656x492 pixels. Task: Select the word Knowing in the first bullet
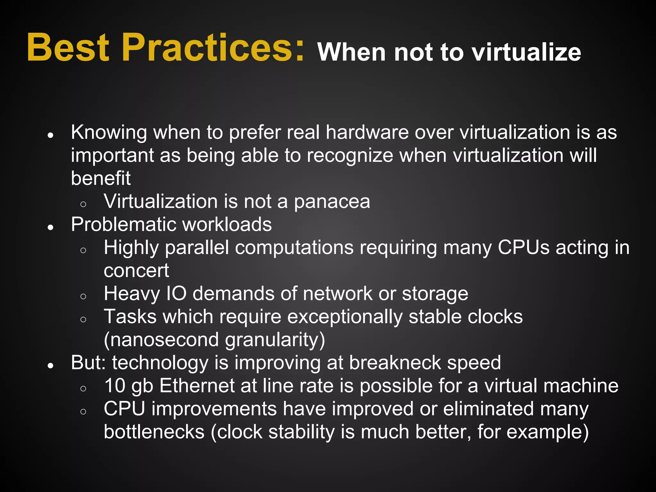pos(109,133)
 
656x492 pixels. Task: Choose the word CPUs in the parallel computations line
pos(523,248)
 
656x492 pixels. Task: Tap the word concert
pos(136,271)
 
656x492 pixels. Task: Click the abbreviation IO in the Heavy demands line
pos(176,294)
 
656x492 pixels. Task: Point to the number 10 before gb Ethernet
pos(115,386)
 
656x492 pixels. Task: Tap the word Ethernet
pos(197,386)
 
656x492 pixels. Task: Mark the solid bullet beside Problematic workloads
pos(50,227)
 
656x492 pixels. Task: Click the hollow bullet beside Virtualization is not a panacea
pos(83,204)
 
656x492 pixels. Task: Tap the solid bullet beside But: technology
pos(50,365)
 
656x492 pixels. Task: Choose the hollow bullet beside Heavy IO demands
pos(83,296)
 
